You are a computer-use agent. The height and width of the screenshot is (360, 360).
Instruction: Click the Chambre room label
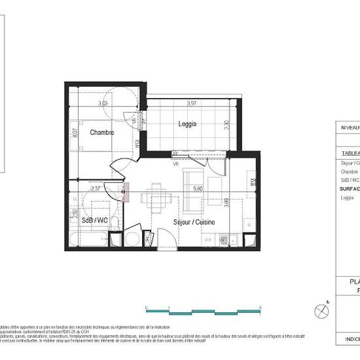pos(103,132)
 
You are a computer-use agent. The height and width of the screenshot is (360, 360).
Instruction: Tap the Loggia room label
pos(188,123)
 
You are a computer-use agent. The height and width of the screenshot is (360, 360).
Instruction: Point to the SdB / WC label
pos(95,221)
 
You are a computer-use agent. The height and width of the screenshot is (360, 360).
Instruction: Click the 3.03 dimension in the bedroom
pos(103,103)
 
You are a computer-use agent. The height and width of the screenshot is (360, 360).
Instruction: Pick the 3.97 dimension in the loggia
pos(192,103)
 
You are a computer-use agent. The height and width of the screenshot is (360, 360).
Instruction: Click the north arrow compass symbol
pos(321,310)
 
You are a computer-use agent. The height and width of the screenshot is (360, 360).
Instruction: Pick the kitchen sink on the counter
pos(229,239)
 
